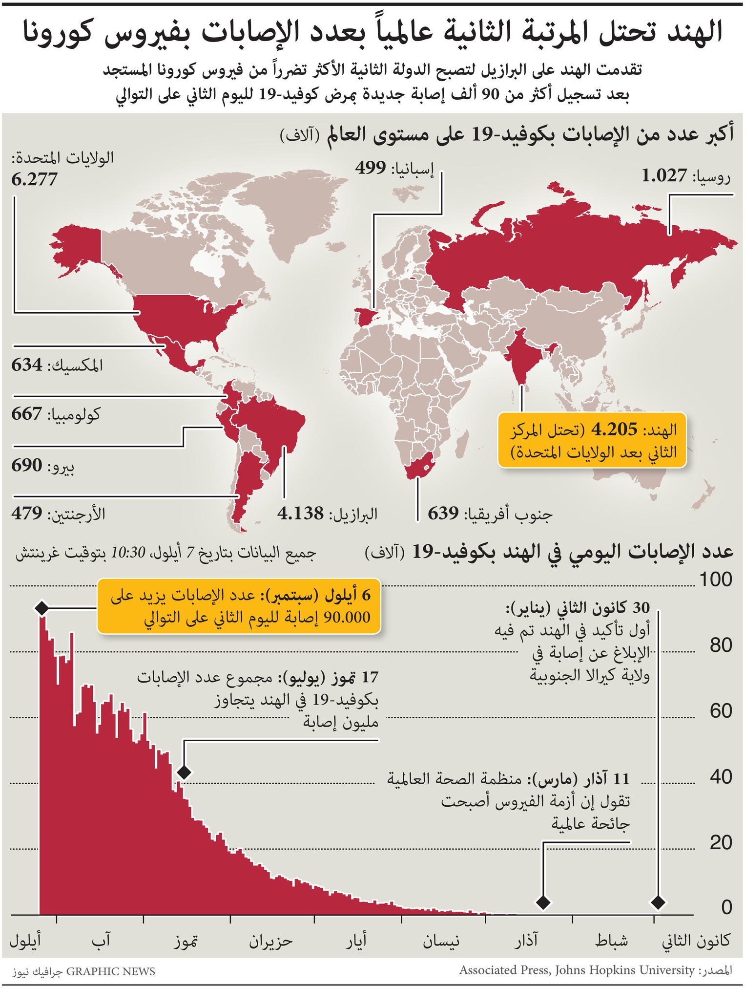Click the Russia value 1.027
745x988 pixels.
point(664,175)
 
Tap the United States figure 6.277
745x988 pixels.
point(34,179)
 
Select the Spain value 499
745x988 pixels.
point(371,168)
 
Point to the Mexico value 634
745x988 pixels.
point(27,365)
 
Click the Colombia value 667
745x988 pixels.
point(27,414)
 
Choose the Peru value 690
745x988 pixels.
point(27,465)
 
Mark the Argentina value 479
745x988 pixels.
point(27,514)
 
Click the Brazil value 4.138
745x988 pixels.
point(300,514)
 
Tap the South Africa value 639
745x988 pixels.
point(443,514)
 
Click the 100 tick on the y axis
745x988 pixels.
point(716,580)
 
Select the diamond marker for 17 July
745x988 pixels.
point(184,772)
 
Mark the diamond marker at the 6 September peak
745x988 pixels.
point(41,608)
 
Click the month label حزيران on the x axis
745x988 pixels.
point(271,941)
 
